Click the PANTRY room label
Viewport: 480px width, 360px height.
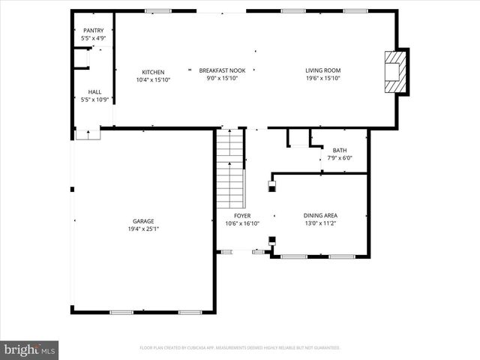94,30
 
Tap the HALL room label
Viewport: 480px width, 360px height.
94,91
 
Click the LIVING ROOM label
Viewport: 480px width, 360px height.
323,72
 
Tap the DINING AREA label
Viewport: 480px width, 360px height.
320,215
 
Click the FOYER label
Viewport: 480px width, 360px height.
242,215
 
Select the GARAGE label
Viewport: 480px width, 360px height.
143,221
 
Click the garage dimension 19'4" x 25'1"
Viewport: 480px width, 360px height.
143,229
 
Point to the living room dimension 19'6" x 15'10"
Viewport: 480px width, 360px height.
323,79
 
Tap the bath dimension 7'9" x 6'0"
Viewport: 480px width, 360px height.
339,158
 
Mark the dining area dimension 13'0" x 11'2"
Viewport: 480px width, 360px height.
320,223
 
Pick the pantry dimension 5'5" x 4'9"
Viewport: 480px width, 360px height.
94,37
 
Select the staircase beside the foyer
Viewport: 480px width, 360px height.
231,169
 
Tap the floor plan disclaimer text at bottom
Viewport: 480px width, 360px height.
240,348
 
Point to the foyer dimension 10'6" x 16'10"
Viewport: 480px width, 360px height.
242,223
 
